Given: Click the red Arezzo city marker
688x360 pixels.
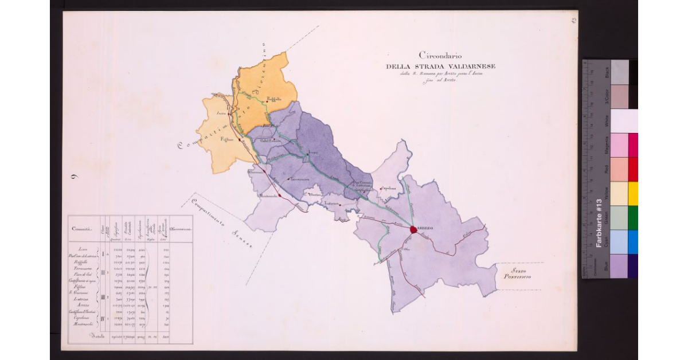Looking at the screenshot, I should click(x=414, y=229).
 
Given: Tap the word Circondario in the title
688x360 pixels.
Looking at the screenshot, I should click(x=440, y=56).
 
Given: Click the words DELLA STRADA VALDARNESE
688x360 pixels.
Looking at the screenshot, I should click(x=440, y=66).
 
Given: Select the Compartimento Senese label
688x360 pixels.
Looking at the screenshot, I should click(x=222, y=224).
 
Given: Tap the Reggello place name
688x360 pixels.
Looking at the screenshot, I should click(x=274, y=100).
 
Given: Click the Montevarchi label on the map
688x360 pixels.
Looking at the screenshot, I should click(x=268, y=196).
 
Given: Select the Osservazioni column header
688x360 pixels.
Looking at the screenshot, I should click(x=181, y=229).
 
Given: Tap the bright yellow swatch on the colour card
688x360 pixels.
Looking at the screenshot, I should click(x=633, y=194).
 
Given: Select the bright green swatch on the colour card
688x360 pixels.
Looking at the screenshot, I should click(x=633, y=218).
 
